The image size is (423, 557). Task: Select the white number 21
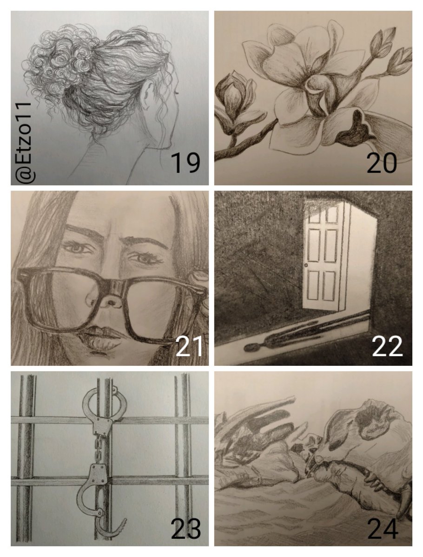click(x=189, y=346)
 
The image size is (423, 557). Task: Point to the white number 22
click(x=387, y=346)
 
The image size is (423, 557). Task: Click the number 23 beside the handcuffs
click(x=185, y=529)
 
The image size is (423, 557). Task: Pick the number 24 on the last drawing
click(x=383, y=529)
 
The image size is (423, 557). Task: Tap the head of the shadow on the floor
click(x=251, y=347)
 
